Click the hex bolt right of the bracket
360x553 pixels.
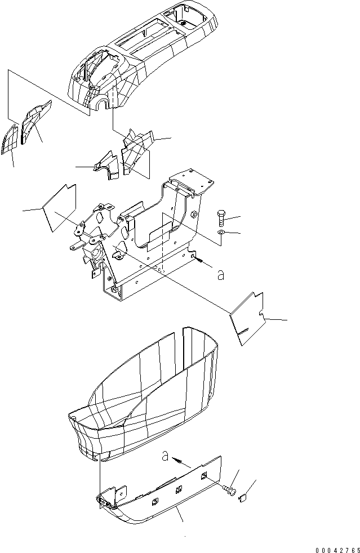(221, 217)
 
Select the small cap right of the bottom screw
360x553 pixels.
(244, 497)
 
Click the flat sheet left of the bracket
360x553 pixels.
(59, 207)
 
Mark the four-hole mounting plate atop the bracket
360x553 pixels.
(192, 181)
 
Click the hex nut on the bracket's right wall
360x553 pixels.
(194, 214)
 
